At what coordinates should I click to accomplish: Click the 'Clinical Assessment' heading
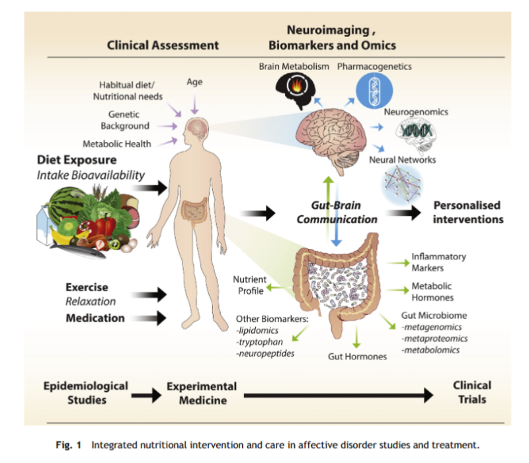(163, 45)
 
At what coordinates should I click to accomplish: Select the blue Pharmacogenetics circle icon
(374, 90)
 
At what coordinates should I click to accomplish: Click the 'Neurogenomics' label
(416, 112)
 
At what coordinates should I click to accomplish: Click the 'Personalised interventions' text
(468, 212)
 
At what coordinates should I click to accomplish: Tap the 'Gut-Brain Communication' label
(337, 212)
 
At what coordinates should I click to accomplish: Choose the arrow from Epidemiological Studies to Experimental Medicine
(146, 395)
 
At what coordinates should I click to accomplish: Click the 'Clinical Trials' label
(472, 392)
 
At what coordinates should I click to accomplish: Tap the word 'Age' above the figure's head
(194, 82)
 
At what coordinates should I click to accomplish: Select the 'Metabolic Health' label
(117, 144)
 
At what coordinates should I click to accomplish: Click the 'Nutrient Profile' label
(250, 285)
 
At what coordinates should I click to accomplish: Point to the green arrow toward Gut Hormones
(356, 336)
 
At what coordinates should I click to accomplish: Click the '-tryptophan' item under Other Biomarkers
(259, 342)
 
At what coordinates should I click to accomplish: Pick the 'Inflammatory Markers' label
(438, 262)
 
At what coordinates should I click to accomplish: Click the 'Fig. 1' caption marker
(69, 445)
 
